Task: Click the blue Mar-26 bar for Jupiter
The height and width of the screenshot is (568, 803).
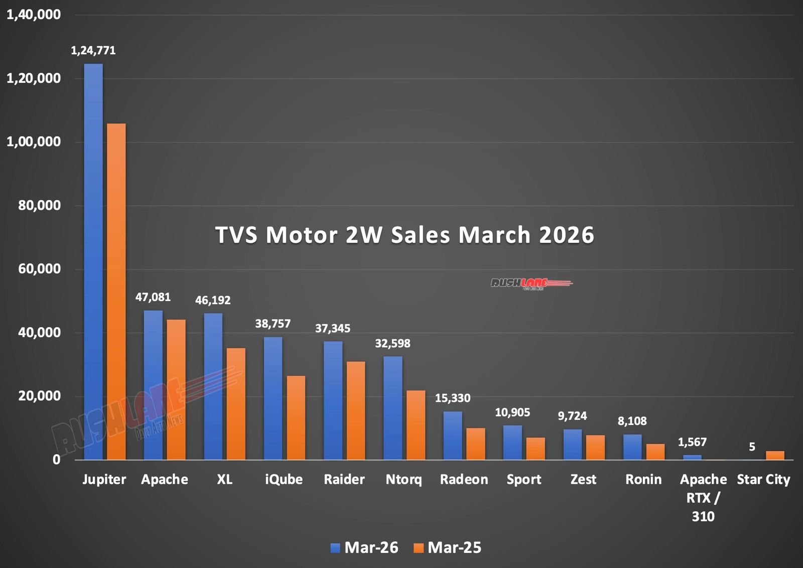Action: tap(93, 261)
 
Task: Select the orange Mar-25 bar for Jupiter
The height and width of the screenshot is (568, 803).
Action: tap(116, 291)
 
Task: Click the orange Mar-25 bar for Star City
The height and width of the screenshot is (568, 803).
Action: tap(775, 456)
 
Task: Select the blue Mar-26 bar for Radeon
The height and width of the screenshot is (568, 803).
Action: tap(452, 436)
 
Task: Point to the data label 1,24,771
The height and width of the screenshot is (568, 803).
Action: tap(93, 50)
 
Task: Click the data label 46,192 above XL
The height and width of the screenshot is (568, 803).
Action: tap(213, 301)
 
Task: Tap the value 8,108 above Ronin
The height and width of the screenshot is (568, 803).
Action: tap(632, 421)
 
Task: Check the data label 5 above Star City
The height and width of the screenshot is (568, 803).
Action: tap(752, 447)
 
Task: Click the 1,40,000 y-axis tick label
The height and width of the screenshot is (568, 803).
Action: tap(34, 15)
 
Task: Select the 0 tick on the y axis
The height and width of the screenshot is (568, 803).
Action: tap(56, 460)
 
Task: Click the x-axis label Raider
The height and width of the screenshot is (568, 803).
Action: tap(344, 479)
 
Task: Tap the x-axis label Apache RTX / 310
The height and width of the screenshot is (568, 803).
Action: tap(703, 497)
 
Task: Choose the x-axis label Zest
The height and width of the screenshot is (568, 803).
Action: tap(583, 479)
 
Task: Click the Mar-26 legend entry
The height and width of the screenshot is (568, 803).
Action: tap(364, 547)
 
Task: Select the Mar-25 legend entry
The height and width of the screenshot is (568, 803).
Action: tap(447, 547)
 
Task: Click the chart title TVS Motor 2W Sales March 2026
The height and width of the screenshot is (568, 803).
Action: tap(405, 235)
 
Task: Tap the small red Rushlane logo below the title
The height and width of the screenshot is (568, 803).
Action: tap(531, 283)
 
